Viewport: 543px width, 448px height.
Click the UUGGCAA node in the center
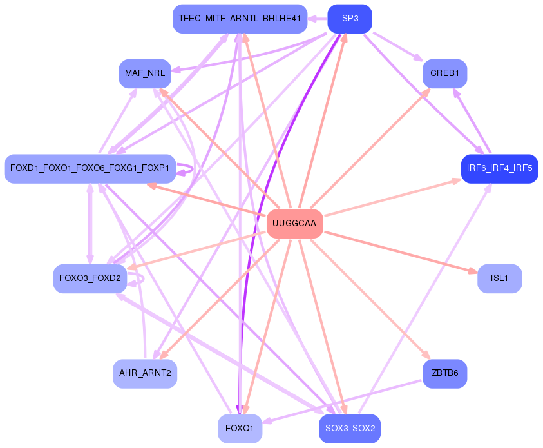coord(294,224)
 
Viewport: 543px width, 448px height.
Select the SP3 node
coord(350,19)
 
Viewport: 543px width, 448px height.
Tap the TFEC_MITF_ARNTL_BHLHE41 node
coord(240,19)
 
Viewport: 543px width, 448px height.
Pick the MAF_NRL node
coord(145,73)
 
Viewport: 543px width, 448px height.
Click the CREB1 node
coord(444,73)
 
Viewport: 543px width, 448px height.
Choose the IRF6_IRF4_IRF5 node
coord(499,168)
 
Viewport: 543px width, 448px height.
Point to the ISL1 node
coord(499,278)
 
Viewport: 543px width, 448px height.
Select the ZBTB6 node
coord(444,373)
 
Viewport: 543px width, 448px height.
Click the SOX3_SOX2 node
coord(350,429)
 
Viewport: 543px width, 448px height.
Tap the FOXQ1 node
coord(240,429)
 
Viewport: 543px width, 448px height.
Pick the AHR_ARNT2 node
coord(145,373)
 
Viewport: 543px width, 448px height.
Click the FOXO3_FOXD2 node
coord(90,278)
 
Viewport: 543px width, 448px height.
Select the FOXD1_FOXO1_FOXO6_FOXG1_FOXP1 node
coord(90,168)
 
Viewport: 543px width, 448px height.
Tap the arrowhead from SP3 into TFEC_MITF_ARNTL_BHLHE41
coord(312,19)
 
